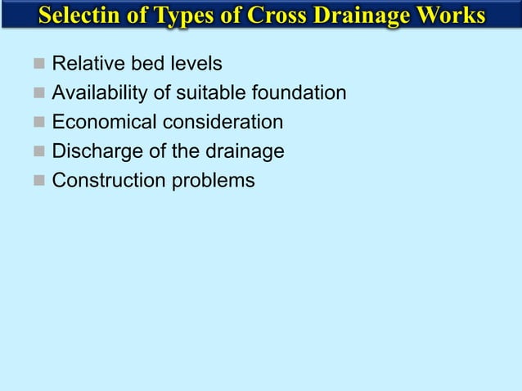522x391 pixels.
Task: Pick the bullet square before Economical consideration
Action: [x=37, y=123]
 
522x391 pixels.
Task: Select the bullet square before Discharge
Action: [x=37, y=151]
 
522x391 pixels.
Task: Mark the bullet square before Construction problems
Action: [x=37, y=180]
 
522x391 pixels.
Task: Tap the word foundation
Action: [x=295, y=93]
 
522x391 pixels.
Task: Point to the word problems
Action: [x=213, y=180]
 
